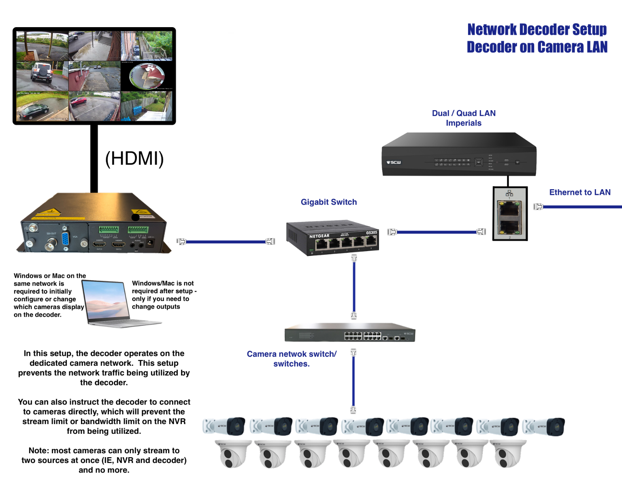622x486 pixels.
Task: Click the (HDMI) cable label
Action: tap(134, 158)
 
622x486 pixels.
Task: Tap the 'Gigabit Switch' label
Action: tap(328, 202)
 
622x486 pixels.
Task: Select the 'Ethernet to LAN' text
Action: tap(579, 192)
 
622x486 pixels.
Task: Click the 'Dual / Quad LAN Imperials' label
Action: tap(464, 118)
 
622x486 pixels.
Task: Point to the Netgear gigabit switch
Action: tap(332, 238)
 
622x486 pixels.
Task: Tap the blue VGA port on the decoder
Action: tap(65, 240)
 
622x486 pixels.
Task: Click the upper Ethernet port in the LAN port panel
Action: tap(509, 209)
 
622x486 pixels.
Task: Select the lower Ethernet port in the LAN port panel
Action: tap(509, 227)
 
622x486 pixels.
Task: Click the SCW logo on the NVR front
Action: tap(394, 162)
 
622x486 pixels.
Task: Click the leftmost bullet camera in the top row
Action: tap(224, 426)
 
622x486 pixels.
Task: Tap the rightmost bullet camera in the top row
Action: tap(543, 426)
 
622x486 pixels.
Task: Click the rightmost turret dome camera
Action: tap(509, 454)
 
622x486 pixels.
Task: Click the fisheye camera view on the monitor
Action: tap(147, 76)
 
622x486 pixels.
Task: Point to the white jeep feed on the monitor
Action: tap(42, 76)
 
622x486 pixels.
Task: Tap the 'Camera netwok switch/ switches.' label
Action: tap(292, 359)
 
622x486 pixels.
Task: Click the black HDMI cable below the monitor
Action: tap(94, 158)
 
